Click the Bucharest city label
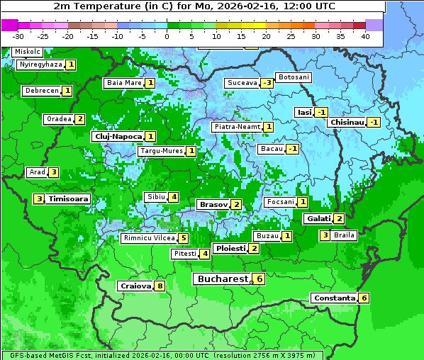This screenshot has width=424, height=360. coord(223,279)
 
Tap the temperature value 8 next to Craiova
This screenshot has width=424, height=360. coord(160,286)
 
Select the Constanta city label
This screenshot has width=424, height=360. coord(334,298)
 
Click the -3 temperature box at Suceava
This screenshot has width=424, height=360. coord(267,83)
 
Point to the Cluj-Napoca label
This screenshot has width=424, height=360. coord(117,136)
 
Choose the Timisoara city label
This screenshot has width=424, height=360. coord(69,199)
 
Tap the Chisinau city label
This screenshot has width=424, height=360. coord(347,122)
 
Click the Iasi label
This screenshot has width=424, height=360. coord(304,112)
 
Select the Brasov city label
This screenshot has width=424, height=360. coord(213,204)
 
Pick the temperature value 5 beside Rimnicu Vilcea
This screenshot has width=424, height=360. coord(183,238)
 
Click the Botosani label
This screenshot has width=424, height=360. coord(293,77)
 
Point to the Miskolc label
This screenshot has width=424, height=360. coord(27,52)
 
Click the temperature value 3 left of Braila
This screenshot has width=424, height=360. coord(325,235)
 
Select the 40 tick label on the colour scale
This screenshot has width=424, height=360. coord(365,36)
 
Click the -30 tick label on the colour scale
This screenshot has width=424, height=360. coord(18,36)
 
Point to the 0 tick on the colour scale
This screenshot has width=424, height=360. coord(167,36)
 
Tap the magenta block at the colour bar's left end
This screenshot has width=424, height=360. coord(9,24)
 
